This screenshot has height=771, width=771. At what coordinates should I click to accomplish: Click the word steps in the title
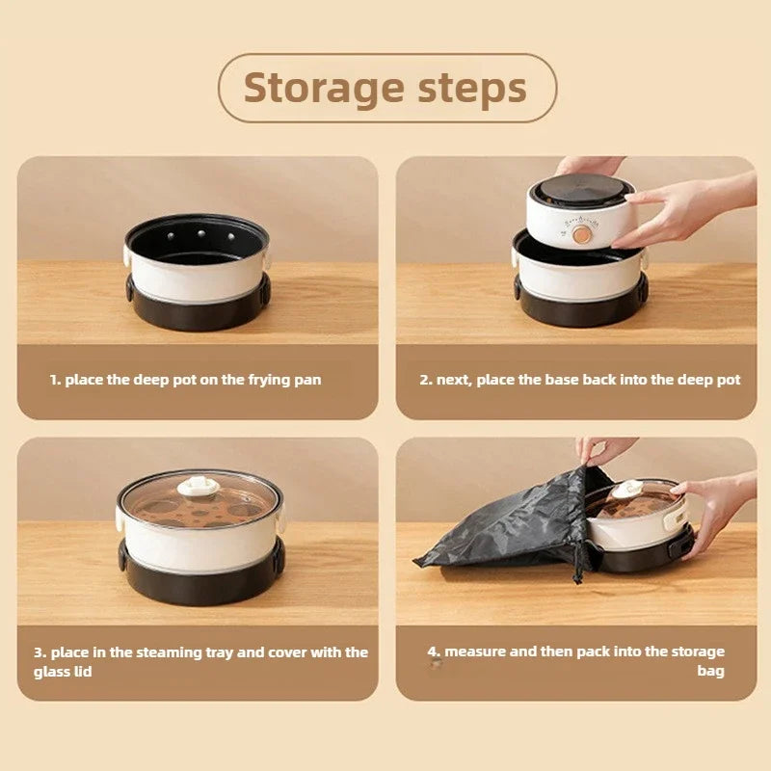[x=471, y=88]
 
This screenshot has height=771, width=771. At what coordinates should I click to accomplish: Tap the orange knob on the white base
[x=581, y=234]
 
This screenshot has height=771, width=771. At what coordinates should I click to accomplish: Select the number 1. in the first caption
[x=55, y=380]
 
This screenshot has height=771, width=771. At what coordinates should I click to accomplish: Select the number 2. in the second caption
[x=425, y=380]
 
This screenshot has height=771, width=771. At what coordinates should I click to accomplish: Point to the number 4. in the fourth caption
[x=434, y=652]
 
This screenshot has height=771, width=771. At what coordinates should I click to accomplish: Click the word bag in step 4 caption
[x=710, y=671]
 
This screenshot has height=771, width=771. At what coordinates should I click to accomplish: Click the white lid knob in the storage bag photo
[x=627, y=490]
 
